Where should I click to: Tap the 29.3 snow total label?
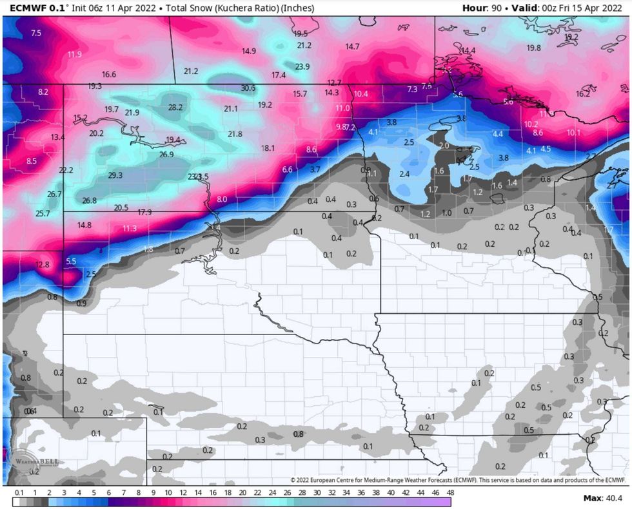115,175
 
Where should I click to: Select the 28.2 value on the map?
175,108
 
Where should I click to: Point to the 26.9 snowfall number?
166,155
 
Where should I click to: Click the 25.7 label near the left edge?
43,213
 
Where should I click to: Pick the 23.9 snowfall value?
302,66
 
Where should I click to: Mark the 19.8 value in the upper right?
533,48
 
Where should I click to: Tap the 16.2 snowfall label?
582,93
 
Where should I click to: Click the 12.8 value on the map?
43,265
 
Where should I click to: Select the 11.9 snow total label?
74,54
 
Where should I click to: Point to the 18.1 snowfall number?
268,148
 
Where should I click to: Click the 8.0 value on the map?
222,200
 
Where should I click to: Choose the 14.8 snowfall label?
84,225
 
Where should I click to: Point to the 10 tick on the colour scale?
167,492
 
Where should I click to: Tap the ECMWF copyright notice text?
458,480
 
